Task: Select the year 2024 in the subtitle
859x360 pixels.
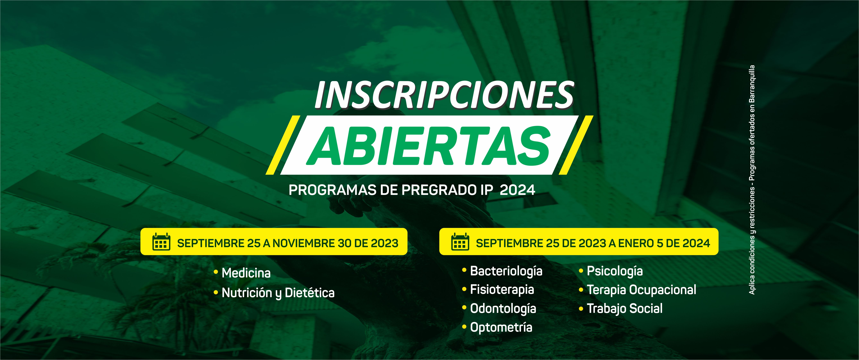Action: (518, 190)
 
